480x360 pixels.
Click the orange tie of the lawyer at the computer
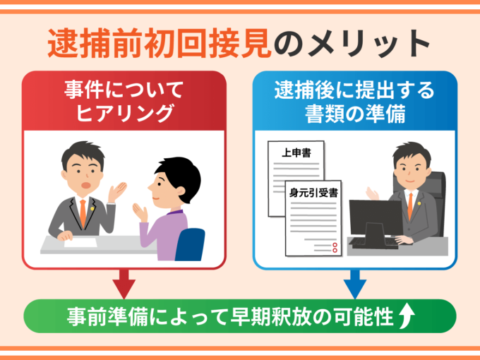click(409, 204)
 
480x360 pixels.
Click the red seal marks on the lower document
click(335, 247)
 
